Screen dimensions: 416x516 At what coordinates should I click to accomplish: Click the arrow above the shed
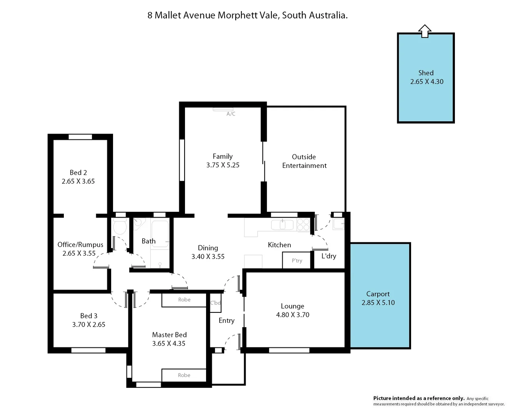click(x=424, y=31)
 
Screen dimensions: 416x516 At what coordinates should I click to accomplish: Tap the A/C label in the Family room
click(x=231, y=114)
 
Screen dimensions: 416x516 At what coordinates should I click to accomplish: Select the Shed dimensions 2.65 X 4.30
click(x=426, y=82)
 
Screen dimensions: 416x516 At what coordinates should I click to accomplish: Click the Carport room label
click(x=378, y=294)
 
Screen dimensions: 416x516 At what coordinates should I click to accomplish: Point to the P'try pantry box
click(x=297, y=260)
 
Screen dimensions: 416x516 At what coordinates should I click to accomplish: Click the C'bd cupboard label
click(x=215, y=303)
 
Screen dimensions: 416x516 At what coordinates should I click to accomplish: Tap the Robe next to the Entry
click(x=184, y=300)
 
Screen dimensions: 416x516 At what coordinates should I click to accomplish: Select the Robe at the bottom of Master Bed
click(x=184, y=375)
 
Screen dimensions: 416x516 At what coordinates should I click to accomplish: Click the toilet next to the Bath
click(x=120, y=227)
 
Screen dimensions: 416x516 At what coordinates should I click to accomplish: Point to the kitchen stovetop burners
click(x=303, y=225)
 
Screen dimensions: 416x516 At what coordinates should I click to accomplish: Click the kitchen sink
click(x=282, y=225)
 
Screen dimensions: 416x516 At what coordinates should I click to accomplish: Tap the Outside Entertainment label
click(x=304, y=161)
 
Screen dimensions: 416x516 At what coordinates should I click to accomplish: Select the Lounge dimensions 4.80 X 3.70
click(x=293, y=315)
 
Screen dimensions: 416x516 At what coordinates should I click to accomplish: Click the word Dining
click(x=208, y=248)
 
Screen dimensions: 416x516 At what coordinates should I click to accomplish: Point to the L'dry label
click(x=329, y=256)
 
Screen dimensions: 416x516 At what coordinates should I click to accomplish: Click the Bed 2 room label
click(x=78, y=173)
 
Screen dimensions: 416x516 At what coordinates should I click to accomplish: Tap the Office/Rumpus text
click(x=80, y=245)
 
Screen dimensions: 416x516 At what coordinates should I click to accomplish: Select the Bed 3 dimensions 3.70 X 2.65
click(x=88, y=324)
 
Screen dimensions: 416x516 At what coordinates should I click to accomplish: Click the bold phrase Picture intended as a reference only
click(x=419, y=398)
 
